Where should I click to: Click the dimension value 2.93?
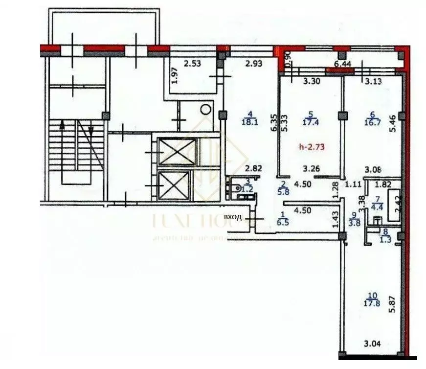click(x=254, y=63)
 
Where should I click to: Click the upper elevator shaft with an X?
click(x=177, y=152)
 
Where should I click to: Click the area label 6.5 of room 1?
click(x=282, y=221)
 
